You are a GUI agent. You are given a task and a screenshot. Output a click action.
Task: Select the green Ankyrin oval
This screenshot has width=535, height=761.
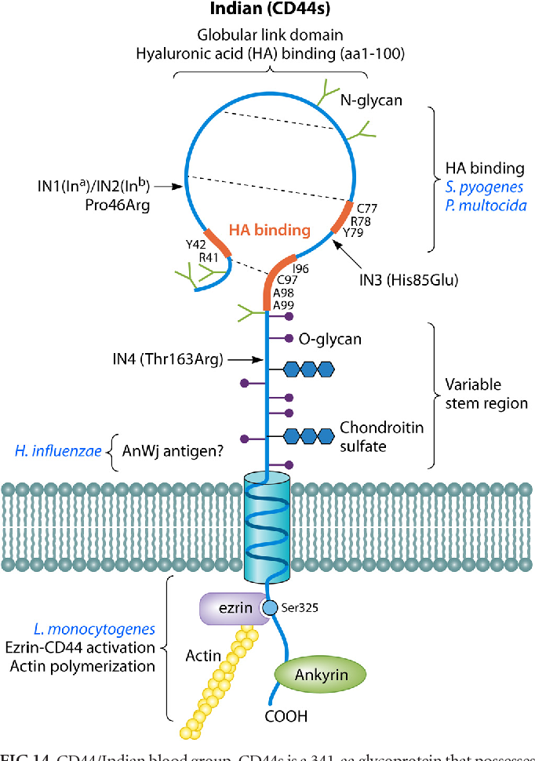[x=321, y=674]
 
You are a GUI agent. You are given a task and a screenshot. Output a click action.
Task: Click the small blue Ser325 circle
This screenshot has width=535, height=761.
[x=270, y=608]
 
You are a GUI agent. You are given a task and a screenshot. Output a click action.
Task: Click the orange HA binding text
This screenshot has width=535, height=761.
[x=270, y=231]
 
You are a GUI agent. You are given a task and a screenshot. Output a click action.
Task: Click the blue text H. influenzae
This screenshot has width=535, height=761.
[x=58, y=450]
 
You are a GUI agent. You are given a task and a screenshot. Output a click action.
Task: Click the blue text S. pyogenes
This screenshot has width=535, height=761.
[x=484, y=188]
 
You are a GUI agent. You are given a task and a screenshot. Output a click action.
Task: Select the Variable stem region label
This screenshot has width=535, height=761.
[x=486, y=395]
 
